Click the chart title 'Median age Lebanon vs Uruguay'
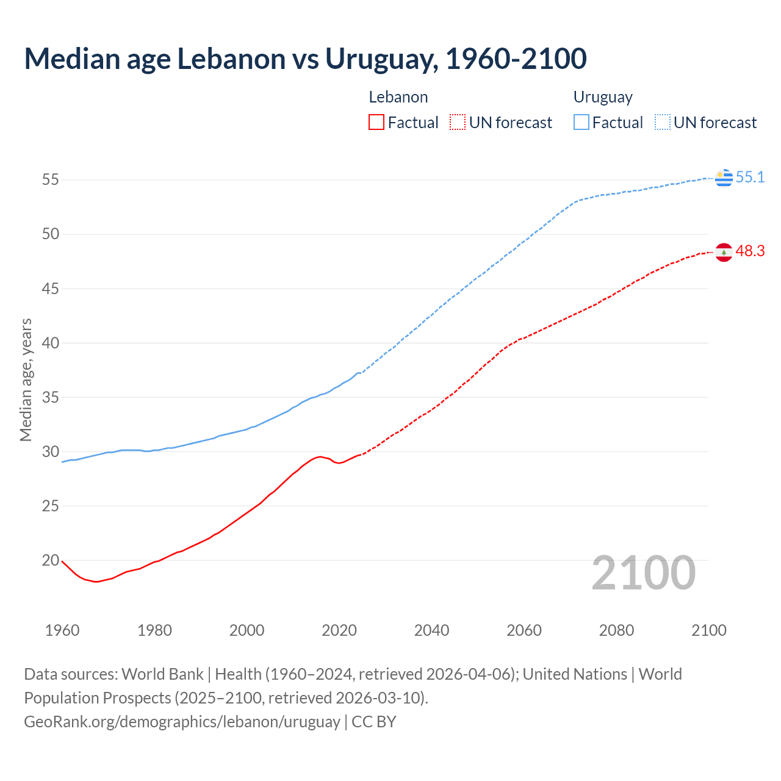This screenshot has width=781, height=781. [305, 59]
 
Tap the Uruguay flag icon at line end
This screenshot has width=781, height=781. [724, 178]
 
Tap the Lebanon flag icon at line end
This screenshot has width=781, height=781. [724, 252]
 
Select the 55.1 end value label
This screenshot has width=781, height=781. [750, 178]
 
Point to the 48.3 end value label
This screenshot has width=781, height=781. [750, 251]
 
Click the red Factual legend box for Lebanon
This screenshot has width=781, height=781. [376, 123]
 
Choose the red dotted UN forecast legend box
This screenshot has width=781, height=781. [458, 123]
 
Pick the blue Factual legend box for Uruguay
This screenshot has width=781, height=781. [581, 123]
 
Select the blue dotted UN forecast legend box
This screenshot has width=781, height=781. [663, 123]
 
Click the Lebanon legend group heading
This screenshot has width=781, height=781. [398, 97]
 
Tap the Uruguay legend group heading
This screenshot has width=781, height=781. [603, 98]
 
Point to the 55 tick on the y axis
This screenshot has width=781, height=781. [51, 180]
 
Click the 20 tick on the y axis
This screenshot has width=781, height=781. [51, 560]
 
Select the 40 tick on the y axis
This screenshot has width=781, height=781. [51, 343]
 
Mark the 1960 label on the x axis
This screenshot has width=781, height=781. [62, 630]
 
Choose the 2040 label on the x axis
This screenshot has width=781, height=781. [431, 630]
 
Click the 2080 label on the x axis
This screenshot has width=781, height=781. [616, 630]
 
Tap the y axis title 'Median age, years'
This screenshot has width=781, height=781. [26, 380]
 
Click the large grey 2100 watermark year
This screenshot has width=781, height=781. [644, 573]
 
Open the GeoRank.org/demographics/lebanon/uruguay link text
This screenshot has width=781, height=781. [182, 722]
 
